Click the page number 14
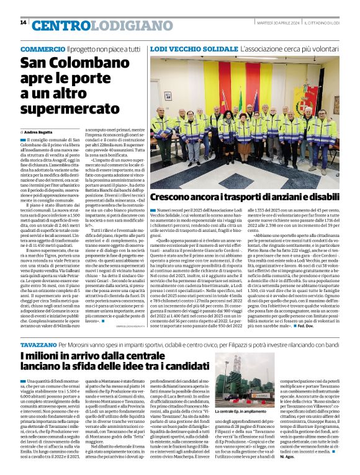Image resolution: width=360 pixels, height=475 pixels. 24,22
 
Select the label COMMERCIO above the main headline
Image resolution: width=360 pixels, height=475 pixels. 42,49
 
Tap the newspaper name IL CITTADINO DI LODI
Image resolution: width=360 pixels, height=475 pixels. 326,23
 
